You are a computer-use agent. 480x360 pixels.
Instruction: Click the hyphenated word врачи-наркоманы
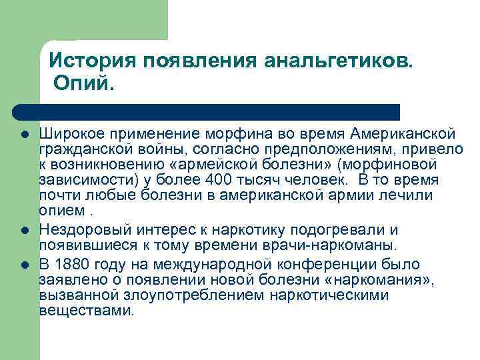323,246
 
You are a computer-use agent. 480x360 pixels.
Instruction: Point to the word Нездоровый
85,230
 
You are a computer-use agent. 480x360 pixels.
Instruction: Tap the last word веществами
87,311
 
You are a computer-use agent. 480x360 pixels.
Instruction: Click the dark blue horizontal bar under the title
207,111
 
